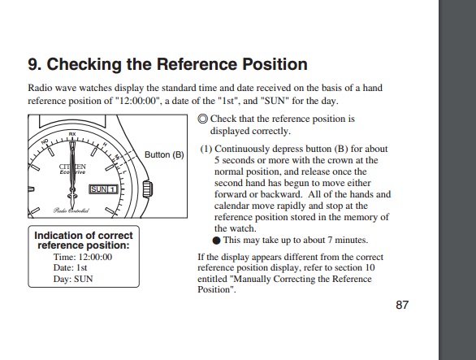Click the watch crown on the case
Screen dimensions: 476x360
(x=148, y=189)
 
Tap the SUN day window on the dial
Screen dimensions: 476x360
(x=98, y=189)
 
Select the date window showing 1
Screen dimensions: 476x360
(x=112, y=189)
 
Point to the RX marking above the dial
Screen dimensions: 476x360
(x=72, y=134)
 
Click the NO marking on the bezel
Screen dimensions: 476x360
(x=45, y=141)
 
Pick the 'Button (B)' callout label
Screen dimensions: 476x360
(x=164, y=154)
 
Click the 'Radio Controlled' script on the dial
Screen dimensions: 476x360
(x=71, y=210)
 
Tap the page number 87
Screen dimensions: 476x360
(x=402, y=305)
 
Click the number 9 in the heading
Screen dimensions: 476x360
(x=32, y=64)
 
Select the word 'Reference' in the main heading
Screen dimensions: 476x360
(x=197, y=64)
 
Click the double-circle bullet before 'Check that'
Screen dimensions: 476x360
(x=203, y=119)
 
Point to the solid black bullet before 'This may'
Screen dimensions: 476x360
(x=216, y=241)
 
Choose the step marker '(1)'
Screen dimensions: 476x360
(x=206, y=149)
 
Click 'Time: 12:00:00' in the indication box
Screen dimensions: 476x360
(x=83, y=257)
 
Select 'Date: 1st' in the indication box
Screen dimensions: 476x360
(x=70, y=267)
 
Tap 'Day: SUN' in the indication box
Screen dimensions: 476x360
(x=73, y=279)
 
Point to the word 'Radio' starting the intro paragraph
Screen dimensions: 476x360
(x=40, y=88)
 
